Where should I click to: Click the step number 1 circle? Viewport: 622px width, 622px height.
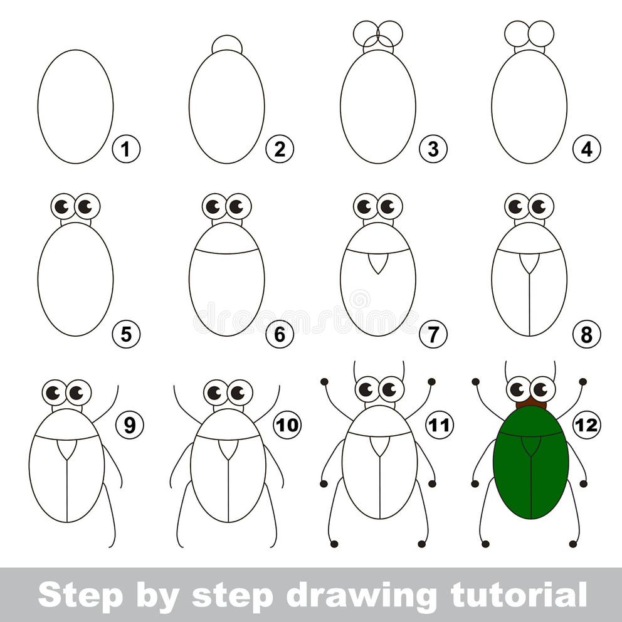coord(126,150)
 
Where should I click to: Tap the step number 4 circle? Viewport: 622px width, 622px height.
coord(586,150)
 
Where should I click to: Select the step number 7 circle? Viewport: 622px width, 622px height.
coord(433,334)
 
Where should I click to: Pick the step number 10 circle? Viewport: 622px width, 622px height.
coord(287,426)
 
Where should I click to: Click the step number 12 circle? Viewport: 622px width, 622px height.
coord(586,426)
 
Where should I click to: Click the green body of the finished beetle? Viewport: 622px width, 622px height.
coord(531,464)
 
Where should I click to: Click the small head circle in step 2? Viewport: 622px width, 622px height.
coord(227,43)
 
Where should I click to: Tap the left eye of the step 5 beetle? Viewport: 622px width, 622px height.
coord(63,206)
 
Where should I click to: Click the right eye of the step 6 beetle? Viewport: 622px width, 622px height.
coord(238,206)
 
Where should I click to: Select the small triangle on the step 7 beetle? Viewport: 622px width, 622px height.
coord(377,263)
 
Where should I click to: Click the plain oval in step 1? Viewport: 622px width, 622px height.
coord(75,107)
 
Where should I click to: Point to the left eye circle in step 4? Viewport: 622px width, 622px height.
coord(517,34)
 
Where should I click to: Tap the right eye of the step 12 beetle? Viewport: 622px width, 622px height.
coord(542,389)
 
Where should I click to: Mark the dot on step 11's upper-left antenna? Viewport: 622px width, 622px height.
coord(324,381)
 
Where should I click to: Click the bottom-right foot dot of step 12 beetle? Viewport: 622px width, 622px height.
coord(573,544)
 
